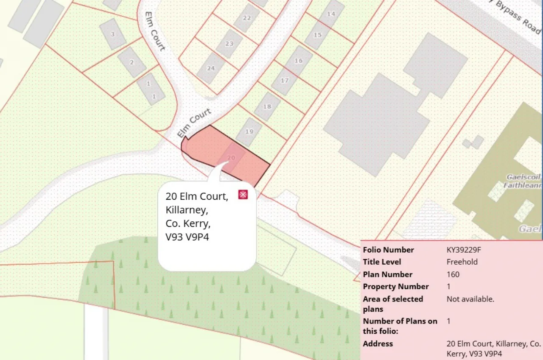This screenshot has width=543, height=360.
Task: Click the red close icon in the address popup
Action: tap(243, 195)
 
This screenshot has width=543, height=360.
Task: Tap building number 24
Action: tap(211, 68)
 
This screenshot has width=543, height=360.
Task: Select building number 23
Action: tap(229, 44)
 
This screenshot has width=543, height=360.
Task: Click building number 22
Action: tap(246, 18)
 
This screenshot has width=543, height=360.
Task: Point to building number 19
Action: tap(249, 132)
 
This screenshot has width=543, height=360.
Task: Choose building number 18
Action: tap(267, 106)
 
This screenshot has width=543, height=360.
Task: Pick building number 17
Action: tap(284, 81)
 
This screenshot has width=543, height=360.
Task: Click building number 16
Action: tap(298, 61)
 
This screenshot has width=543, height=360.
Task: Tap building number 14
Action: tap(331, 14)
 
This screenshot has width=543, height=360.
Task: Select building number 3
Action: tap(112, 34)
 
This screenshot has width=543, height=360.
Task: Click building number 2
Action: tap(132, 62)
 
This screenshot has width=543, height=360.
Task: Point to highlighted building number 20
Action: tap(231, 157)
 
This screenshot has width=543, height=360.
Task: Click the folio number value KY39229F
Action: tap(464, 250)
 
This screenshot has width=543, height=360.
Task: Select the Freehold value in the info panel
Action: tap(462, 262)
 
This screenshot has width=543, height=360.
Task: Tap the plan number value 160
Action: tap(453, 274)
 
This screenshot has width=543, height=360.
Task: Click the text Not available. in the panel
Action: tap(470, 299)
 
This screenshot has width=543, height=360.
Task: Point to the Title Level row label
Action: tap(382, 262)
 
